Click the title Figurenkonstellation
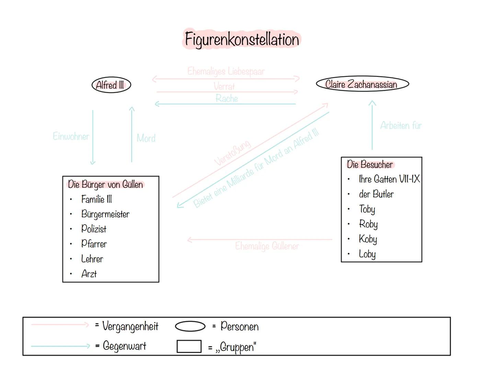coord(242,39)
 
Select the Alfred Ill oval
coord(111,85)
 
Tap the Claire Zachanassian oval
coord(362,84)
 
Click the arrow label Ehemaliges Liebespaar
coord(226,71)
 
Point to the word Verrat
coord(224,86)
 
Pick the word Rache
coord(227,99)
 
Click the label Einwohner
coord(71,136)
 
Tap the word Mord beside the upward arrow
coord(146,138)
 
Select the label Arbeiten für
coord(401,126)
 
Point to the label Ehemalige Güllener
coord(267,246)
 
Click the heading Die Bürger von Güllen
coord(105,184)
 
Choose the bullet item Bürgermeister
coord(105,214)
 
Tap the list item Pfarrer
coord(94,244)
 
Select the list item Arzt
coord(89,274)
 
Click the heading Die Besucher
coord(370,165)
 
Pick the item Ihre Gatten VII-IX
coord(389,179)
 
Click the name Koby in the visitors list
coord(368,239)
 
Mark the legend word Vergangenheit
coord(130,326)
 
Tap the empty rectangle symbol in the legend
coord(189,346)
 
